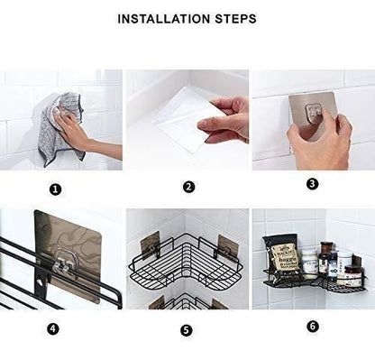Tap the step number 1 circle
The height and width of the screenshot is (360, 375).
[56, 189]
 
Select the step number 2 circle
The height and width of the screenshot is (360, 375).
[188, 188]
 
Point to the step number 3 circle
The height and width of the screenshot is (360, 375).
[312, 183]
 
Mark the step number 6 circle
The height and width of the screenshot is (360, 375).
[312, 326]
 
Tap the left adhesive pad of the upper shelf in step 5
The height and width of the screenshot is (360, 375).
[151, 241]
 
